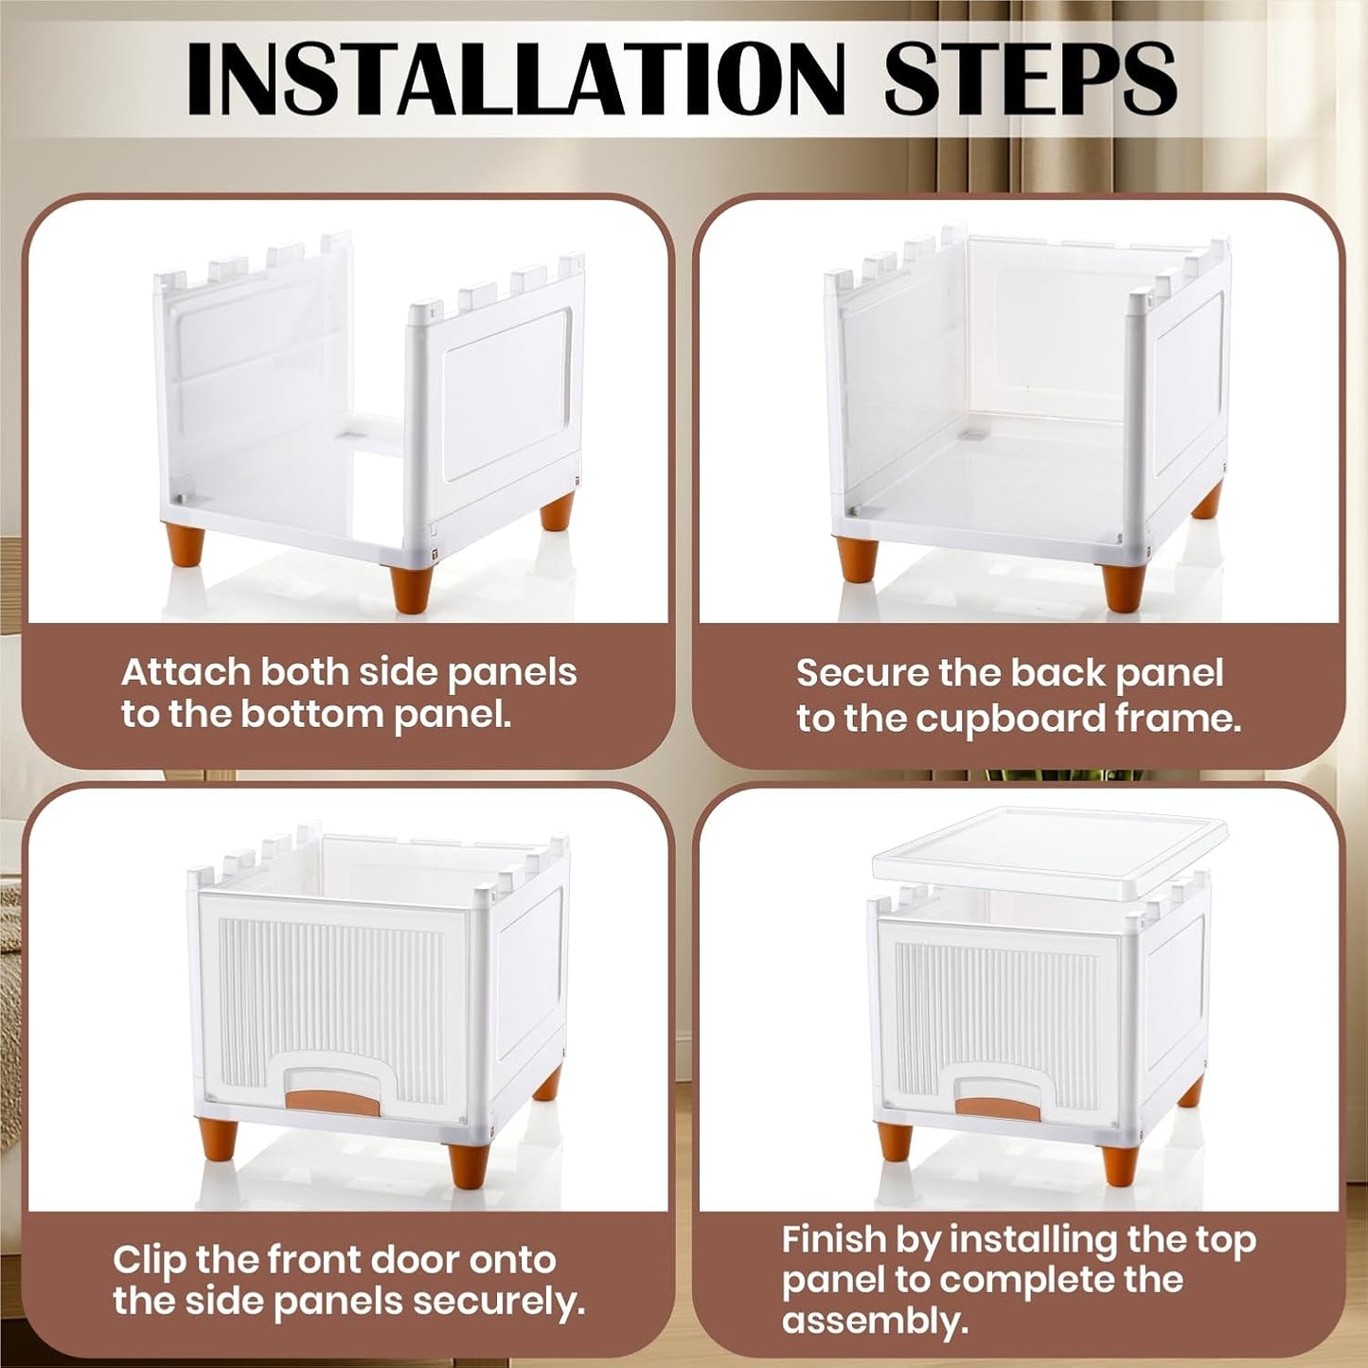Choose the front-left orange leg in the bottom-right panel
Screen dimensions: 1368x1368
coord(895,1141)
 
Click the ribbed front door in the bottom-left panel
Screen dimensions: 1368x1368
coord(331,1004)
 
